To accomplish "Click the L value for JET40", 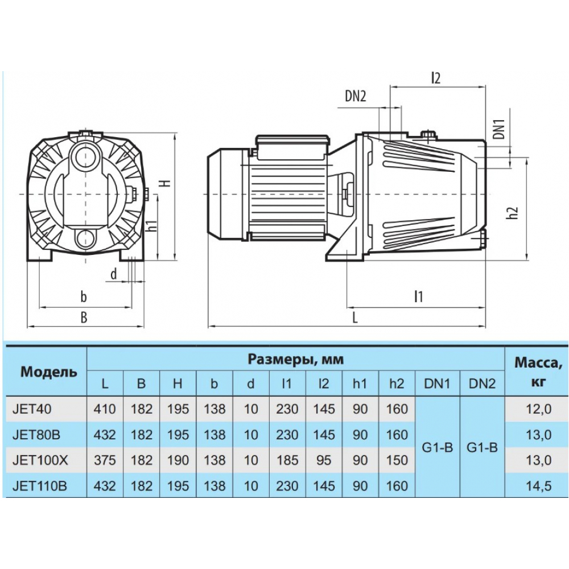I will click(105, 409).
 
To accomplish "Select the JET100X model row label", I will click(40, 460).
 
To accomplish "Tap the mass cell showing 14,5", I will click(538, 486).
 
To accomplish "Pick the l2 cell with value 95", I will click(323, 460).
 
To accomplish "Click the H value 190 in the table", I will click(178, 460).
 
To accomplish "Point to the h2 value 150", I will click(397, 460).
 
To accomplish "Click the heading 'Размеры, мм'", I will click(296, 360).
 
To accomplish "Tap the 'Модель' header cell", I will click(48, 372).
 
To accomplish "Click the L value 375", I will click(105, 460).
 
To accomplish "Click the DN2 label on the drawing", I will click(355, 96).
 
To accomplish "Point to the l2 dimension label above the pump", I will click(436, 79).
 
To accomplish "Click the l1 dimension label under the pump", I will click(418, 296).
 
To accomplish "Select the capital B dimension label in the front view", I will click(84, 318).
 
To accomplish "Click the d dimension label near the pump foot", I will click(114, 274).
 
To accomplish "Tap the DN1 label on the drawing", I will click(499, 129).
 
